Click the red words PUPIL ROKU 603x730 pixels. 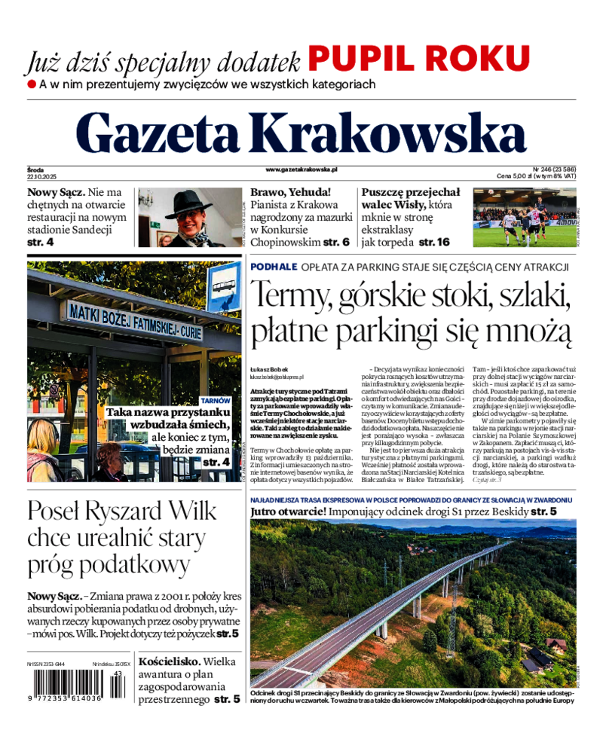tap(418, 58)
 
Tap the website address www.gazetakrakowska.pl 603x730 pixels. tap(301, 170)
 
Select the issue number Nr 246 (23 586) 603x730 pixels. tap(553, 170)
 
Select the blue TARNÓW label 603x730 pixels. tap(214, 401)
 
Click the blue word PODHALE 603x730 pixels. tap(274, 267)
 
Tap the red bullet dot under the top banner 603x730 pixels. tap(32, 84)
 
